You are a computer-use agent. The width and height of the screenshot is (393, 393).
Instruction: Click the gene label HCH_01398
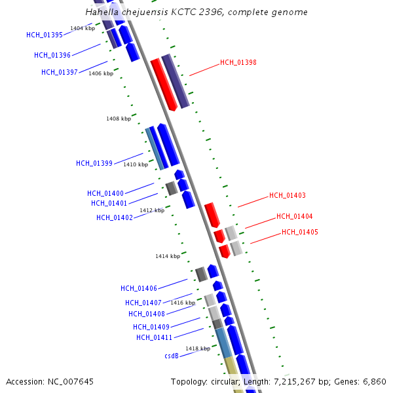coord(238,63)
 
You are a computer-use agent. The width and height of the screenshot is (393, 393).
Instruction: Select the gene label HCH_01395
coord(45,35)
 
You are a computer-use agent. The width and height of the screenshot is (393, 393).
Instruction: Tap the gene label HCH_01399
coord(94,163)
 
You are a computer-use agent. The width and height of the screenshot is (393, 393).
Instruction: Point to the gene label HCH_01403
coord(287,196)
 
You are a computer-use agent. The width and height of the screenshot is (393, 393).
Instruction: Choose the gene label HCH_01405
coord(300,233)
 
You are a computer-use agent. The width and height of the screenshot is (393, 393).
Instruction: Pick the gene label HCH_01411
coord(154,337)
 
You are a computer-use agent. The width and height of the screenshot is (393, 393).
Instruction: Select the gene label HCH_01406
coord(139,288)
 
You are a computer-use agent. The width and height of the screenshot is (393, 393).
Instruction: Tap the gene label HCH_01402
coord(115,218)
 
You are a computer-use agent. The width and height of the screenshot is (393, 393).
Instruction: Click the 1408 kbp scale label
coord(119,119)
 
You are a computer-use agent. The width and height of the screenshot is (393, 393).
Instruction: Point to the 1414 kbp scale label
coord(168,256)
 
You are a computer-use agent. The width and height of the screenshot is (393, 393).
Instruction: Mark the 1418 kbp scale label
coord(197,348)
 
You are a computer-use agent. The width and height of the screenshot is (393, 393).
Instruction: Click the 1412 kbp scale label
coord(152,210)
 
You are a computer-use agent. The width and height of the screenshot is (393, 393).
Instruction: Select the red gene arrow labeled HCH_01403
coord(212,214)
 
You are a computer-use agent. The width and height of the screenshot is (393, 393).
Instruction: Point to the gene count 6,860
coord(373,381)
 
